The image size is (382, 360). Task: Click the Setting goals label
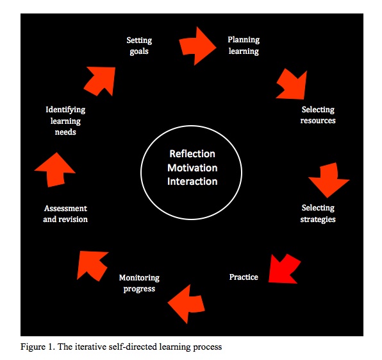[139, 46]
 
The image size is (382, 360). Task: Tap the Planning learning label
[243, 45]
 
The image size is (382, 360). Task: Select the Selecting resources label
[318, 115]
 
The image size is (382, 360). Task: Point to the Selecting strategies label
[318, 214]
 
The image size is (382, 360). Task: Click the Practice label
[244, 277]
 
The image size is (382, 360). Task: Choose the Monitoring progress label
[139, 283]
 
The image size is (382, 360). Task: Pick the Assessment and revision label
[65, 214]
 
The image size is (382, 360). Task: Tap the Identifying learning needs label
[65, 121]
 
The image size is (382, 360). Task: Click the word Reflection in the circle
[192, 154]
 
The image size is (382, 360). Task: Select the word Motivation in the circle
[192, 168]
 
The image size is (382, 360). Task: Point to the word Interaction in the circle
[192, 182]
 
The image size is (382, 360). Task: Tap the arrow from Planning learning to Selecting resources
[292, 85]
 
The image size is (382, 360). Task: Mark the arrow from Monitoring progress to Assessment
[92, 263]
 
